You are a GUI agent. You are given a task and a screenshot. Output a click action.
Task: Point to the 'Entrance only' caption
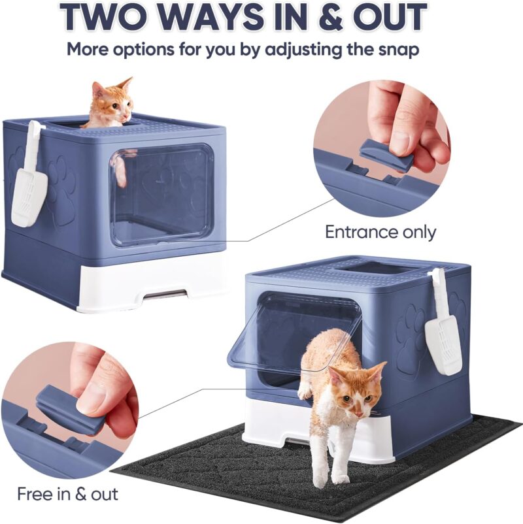pyautogui.click(x=380, y=231)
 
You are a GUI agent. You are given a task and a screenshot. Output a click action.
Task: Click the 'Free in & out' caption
pyautogui.click(x=67, y=494)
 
